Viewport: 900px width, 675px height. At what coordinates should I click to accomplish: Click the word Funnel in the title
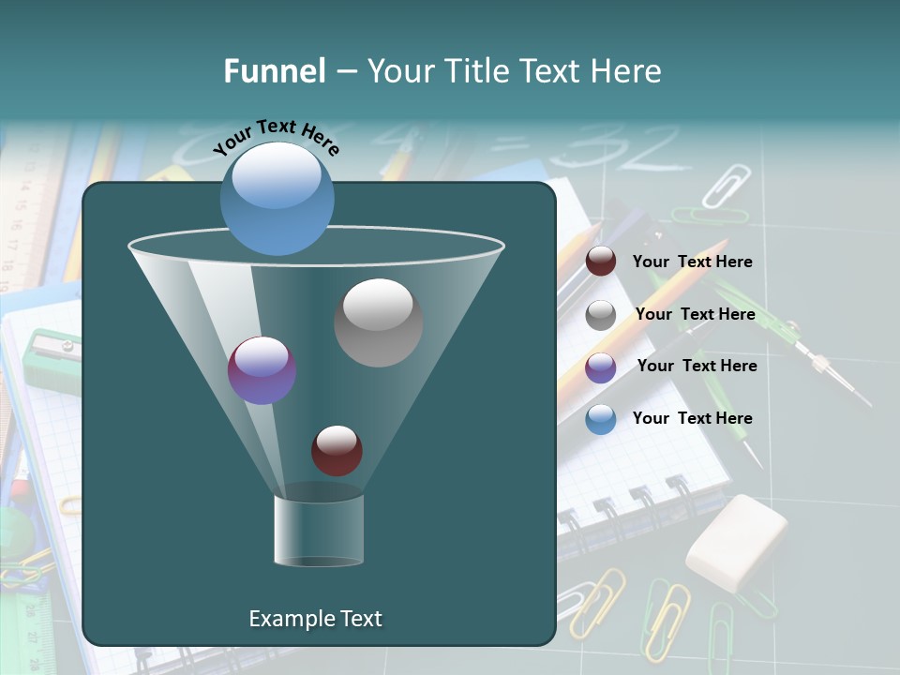pyautogui.click(x=274, y=71)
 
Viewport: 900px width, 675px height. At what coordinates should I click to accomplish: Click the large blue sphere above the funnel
pyautogui.click(x=277, y=198)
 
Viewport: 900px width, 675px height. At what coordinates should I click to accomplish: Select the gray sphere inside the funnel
pyautogui.click(x=378, y=322)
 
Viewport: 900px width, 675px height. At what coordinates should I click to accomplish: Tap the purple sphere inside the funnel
pyautogui.click(x=262, y=370)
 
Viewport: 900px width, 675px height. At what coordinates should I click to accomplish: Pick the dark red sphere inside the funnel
pyautogui.click(x=337, y=450)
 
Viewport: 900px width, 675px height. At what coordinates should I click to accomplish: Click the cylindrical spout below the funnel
pyautogui.click(x=319, y=530)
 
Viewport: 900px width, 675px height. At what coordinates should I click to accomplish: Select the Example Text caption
pyautogui.click(x=316, y=619)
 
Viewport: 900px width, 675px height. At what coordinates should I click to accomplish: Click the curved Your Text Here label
pyautogui.click(x=276, y=137)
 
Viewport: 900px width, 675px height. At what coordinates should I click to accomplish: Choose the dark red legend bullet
pyautogui.click(x=601, y=262)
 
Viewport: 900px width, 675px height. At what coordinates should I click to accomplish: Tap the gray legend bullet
pyautogui.click(x=601, y=315)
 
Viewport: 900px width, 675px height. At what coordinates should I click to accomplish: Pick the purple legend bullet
pyautogui.click(x=601, y=367)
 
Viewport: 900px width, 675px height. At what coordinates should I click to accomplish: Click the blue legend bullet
pyautogui.click(x=601, y=419)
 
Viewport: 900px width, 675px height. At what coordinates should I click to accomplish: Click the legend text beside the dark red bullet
pyautogui.click(x=692, y=262)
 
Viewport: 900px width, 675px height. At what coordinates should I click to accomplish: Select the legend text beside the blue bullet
pyautogui.click(x=692, y=418)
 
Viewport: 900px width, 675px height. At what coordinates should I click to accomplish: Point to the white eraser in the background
pyautogui.click(x=736, y=542)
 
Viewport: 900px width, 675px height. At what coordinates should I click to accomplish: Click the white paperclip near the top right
pyautogui.click(x=726, y=185)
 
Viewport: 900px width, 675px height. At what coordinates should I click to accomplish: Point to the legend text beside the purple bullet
pyautogui.click(x=697, y=366)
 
